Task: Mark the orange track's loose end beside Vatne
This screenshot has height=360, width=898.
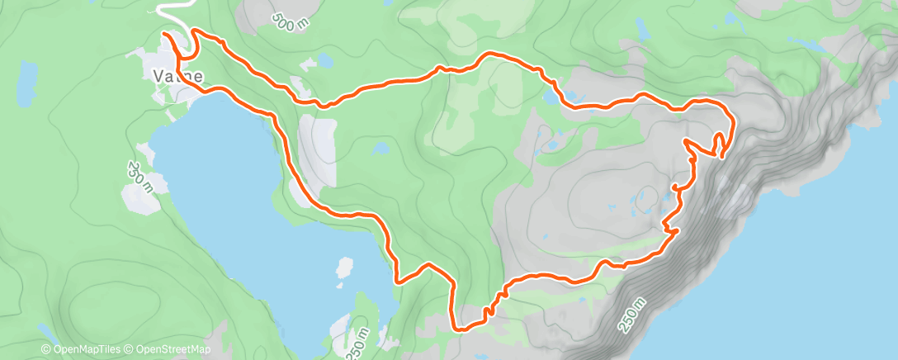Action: coord(164,35)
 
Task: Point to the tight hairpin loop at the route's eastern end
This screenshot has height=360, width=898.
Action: coord(722,145)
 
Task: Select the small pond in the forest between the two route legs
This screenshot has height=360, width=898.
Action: coord(380,149)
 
